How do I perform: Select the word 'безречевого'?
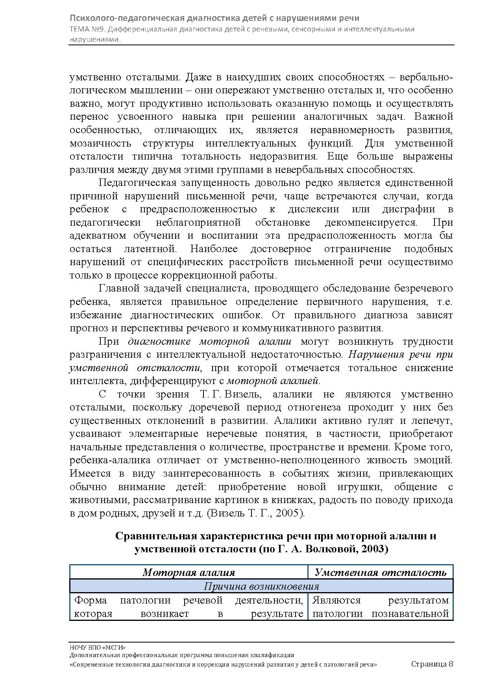coord(423,288)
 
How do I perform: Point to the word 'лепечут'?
coord(432,421)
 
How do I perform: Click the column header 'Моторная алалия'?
coord(189,572)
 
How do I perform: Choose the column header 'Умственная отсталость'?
coord(381,572)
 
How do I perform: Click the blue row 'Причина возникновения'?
coord(261,586)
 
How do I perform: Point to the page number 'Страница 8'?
coord(432,664)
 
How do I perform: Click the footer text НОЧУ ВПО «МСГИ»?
coord(98,648)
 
